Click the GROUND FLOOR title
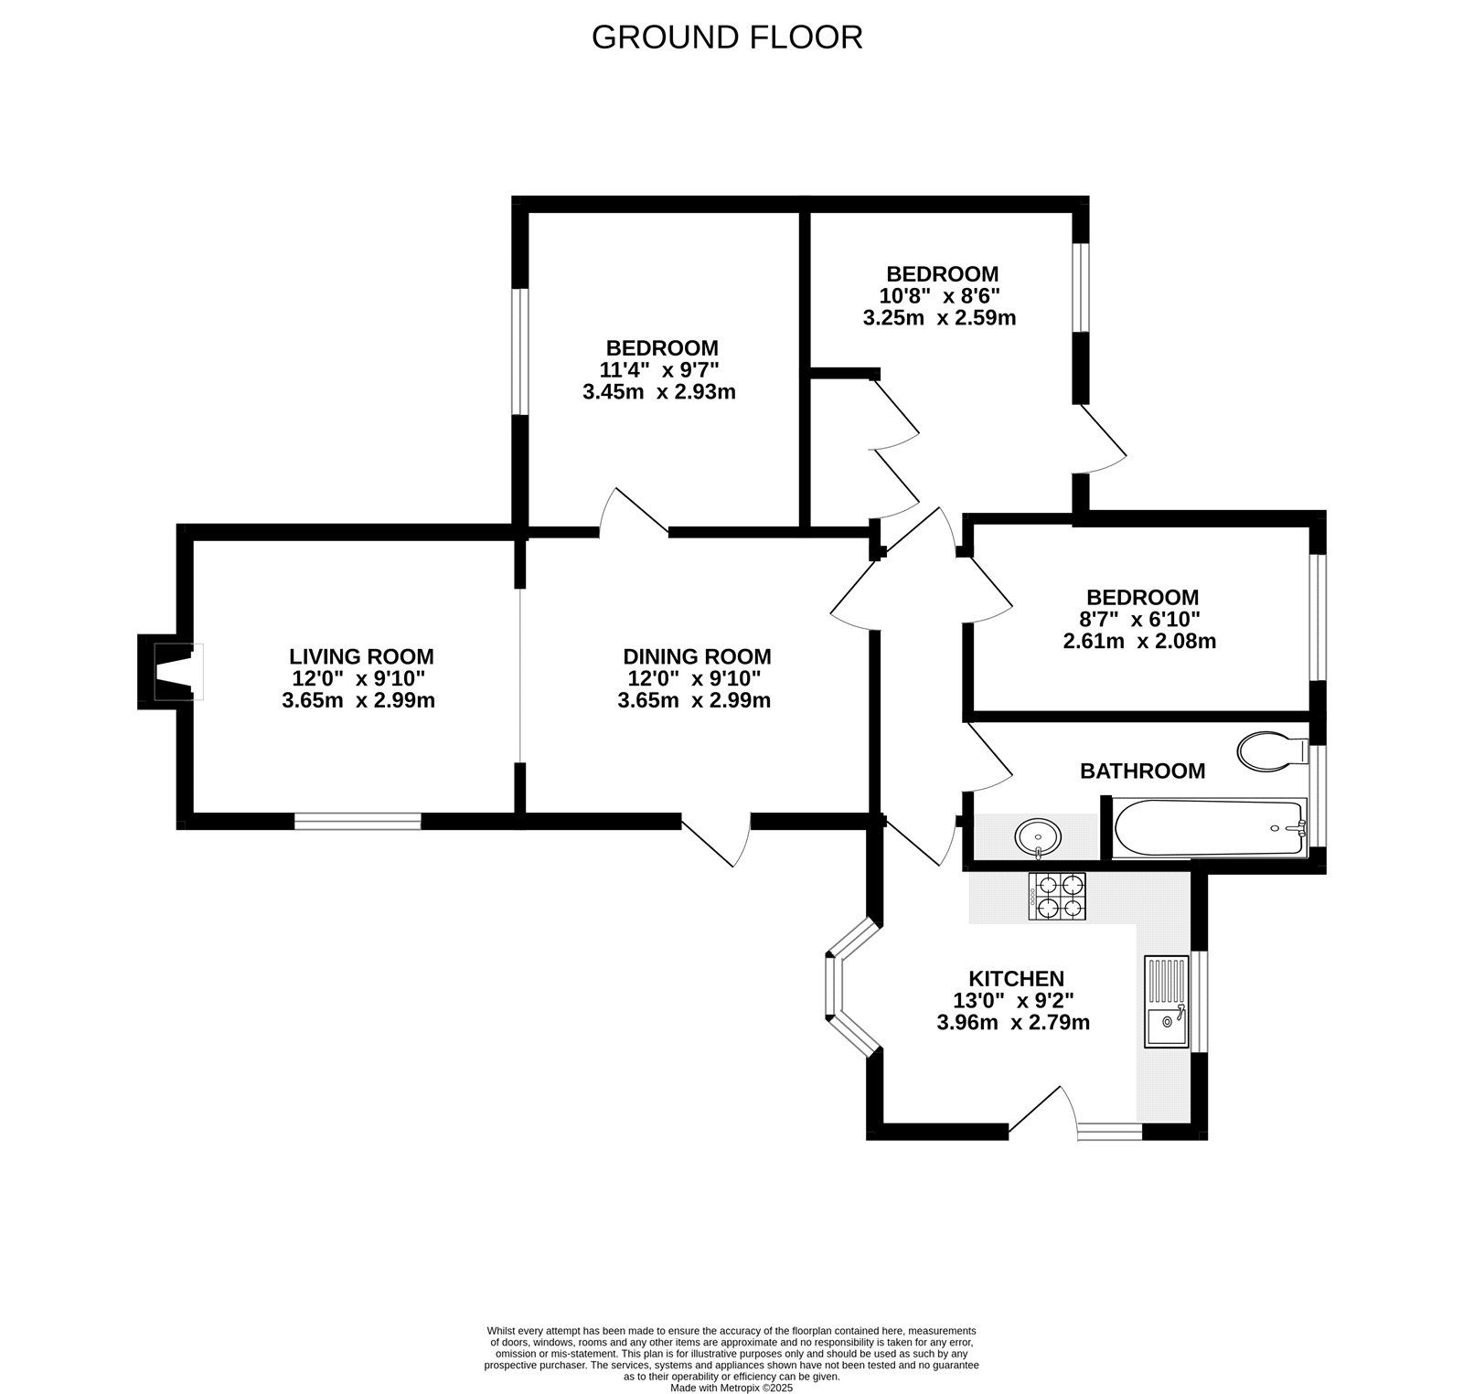coord(727,37)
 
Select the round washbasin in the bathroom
coord(1039,835)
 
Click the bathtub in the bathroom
coord(1210,828)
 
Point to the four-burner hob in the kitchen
coord(1059,896)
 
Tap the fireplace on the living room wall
coord(170,671)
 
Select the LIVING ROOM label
coord(361,656)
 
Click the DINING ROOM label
coord(697,656)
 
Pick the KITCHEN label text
coord(1016,979)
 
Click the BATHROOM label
coord(1142,771)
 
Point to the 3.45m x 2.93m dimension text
coord(658,392)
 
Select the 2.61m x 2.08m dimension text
coord(1139,641)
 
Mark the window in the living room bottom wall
coord(358,821)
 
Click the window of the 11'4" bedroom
coord(519,352)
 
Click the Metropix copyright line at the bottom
coord(731,1388)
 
